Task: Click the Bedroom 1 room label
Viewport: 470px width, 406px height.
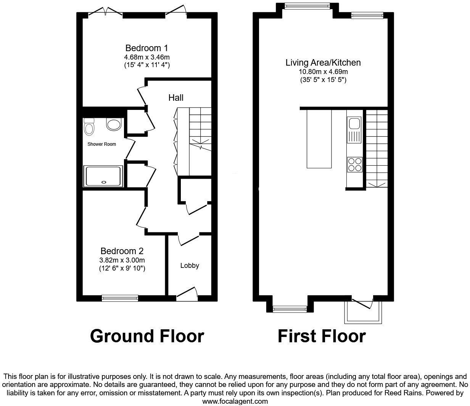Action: tap(146, 48)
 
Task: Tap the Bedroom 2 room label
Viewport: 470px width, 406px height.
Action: tap(122, 251)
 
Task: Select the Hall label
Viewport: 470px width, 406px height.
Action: tap(176, 98)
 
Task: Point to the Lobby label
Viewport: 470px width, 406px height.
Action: tap(190, 266)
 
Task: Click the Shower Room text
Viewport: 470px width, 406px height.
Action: tap(101, 144)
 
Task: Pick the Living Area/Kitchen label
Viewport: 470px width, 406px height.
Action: tap(323, 63)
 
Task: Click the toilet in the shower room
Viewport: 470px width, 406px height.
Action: tap(89, 126)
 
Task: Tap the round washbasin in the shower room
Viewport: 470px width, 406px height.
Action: tap(114, 124)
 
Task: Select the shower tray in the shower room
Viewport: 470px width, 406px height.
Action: tap(104, 176)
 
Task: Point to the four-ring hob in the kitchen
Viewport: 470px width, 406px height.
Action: tap(355, 164)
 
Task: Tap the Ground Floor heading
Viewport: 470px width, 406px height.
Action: tap(147, 336)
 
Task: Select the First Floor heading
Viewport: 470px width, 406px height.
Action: tap(322, 336)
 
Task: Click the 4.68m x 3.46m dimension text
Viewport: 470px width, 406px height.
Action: tap(146, 57)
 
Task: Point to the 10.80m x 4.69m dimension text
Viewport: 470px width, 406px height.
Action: tap(323, 72)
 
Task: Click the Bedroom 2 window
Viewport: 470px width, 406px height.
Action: tap(120, 298)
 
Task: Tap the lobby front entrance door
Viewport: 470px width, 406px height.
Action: tap(187, 294)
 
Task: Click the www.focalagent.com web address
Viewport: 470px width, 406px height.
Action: tap(235, 401)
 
